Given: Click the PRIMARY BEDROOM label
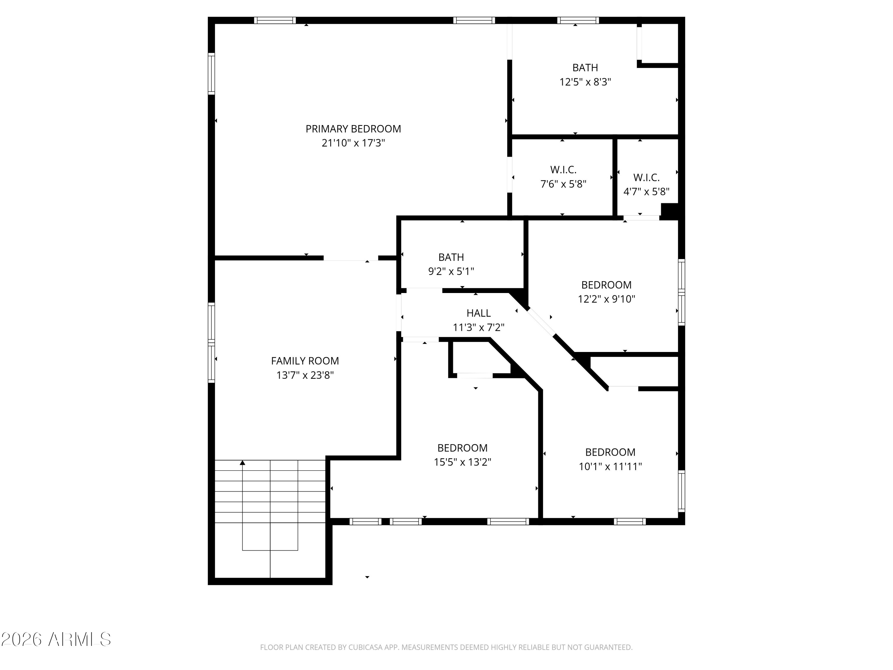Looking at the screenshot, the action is (x=353, y=129).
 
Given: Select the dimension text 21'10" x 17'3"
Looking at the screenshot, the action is (x=353, y=143).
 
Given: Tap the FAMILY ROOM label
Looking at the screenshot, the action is (x=305, y=361).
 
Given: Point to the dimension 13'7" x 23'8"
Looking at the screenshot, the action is (x=305, y=375).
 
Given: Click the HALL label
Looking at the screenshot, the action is (x=479, y=313).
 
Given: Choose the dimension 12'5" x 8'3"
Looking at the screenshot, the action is (x=585, y=82).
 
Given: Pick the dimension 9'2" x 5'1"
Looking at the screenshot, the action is (x=451, y=271).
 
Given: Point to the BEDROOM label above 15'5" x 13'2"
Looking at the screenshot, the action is (x=462, y=448).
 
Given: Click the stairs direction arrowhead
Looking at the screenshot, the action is (x=242, y=463).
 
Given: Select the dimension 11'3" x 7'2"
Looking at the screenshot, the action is (x=479, y=328).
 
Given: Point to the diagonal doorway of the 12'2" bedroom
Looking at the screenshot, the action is (x=541, y=322).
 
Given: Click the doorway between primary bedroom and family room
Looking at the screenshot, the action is (x=351, y=258).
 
